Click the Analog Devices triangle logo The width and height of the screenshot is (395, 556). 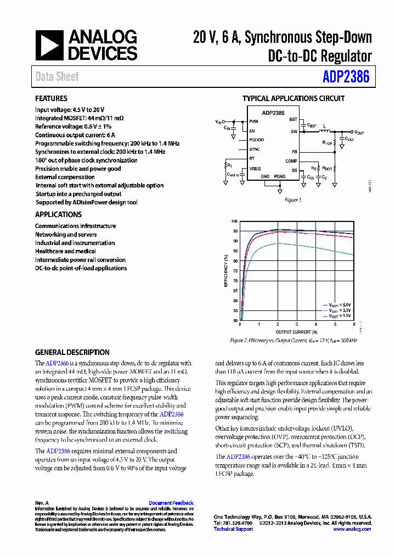50,45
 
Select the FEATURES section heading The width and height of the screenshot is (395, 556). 52,99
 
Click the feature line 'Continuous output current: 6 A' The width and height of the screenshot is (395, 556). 75,135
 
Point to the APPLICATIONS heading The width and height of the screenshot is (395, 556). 58,214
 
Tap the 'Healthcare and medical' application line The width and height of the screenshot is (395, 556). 65,251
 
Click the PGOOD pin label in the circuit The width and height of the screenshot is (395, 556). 256,140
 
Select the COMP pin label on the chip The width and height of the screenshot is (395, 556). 291,162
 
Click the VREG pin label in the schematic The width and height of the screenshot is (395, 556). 255,168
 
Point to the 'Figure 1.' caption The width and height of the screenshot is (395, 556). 293,200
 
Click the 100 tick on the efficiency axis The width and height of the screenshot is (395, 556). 235,221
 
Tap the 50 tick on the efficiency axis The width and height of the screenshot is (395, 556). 235,320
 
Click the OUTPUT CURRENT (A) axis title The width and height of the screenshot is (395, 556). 296,332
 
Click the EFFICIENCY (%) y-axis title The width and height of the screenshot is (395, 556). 225,270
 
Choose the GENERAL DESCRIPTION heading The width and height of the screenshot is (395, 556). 72,352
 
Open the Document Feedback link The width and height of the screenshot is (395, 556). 171,503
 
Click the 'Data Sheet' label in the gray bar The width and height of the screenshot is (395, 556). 57,77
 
